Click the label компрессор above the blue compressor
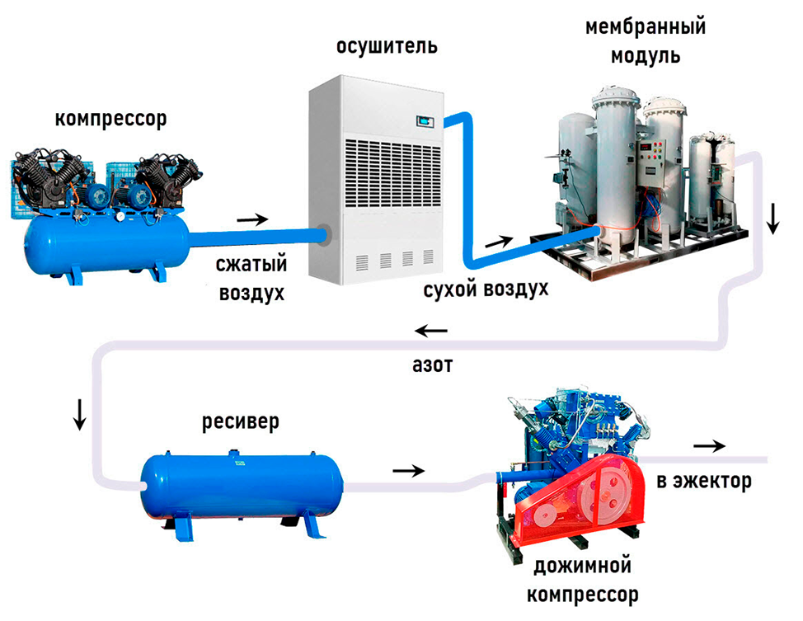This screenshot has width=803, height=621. point(110,119)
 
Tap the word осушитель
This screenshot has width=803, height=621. point(387,46)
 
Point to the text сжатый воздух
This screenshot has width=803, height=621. point(251,279)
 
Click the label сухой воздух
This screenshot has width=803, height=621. point(486,290)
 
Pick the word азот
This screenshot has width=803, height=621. point(431,365)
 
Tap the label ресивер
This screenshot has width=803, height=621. point(241,423)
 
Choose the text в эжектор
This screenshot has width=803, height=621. point(703,481)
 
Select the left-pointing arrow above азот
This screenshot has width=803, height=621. point(431,332)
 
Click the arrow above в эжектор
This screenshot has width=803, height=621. point(708,445)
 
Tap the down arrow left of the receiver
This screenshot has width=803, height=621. point(79,415)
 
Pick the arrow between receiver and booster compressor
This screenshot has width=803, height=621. point(409,471)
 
